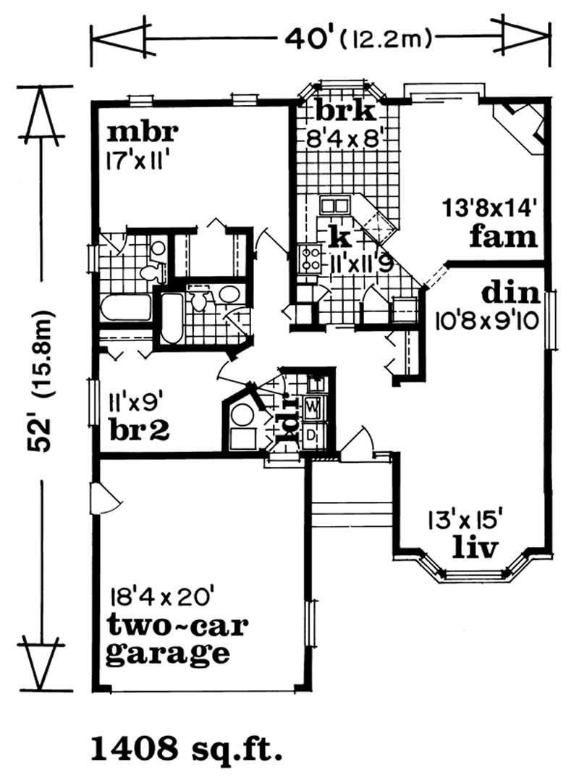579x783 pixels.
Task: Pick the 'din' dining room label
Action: (x=511, y=293)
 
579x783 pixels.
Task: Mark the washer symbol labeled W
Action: (x=313, y=408)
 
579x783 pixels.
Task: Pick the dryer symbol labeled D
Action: (x=313, y=434)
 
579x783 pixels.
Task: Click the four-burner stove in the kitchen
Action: (x=310, y=259)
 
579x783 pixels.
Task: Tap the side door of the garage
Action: (x=103, y=498)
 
